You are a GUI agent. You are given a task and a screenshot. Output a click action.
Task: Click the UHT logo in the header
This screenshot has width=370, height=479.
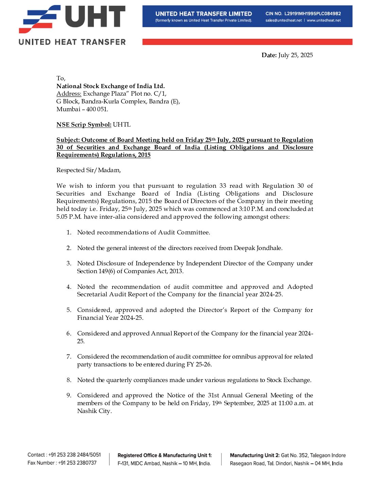point(72,24)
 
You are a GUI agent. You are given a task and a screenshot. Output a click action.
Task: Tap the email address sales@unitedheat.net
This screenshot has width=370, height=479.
point(284,20)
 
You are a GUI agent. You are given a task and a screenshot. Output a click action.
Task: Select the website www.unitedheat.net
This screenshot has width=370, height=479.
point(324,20)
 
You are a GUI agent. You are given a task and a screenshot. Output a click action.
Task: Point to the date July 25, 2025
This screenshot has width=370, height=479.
point(295,55)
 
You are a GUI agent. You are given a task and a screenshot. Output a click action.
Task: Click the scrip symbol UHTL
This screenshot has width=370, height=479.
point(122,125)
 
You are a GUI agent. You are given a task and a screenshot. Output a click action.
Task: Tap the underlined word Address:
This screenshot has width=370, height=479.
point(69,94)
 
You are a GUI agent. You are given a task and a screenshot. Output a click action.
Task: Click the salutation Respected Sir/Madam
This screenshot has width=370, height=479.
point(88,170)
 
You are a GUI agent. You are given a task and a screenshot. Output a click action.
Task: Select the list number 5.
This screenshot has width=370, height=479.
point(69,310)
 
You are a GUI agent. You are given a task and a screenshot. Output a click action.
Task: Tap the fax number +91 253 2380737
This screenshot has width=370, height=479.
point(77,463)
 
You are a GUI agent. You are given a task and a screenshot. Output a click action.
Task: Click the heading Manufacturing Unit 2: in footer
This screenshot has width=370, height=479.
point(254,455)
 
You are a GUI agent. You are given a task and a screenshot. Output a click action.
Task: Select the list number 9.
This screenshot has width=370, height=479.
point(69,395)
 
